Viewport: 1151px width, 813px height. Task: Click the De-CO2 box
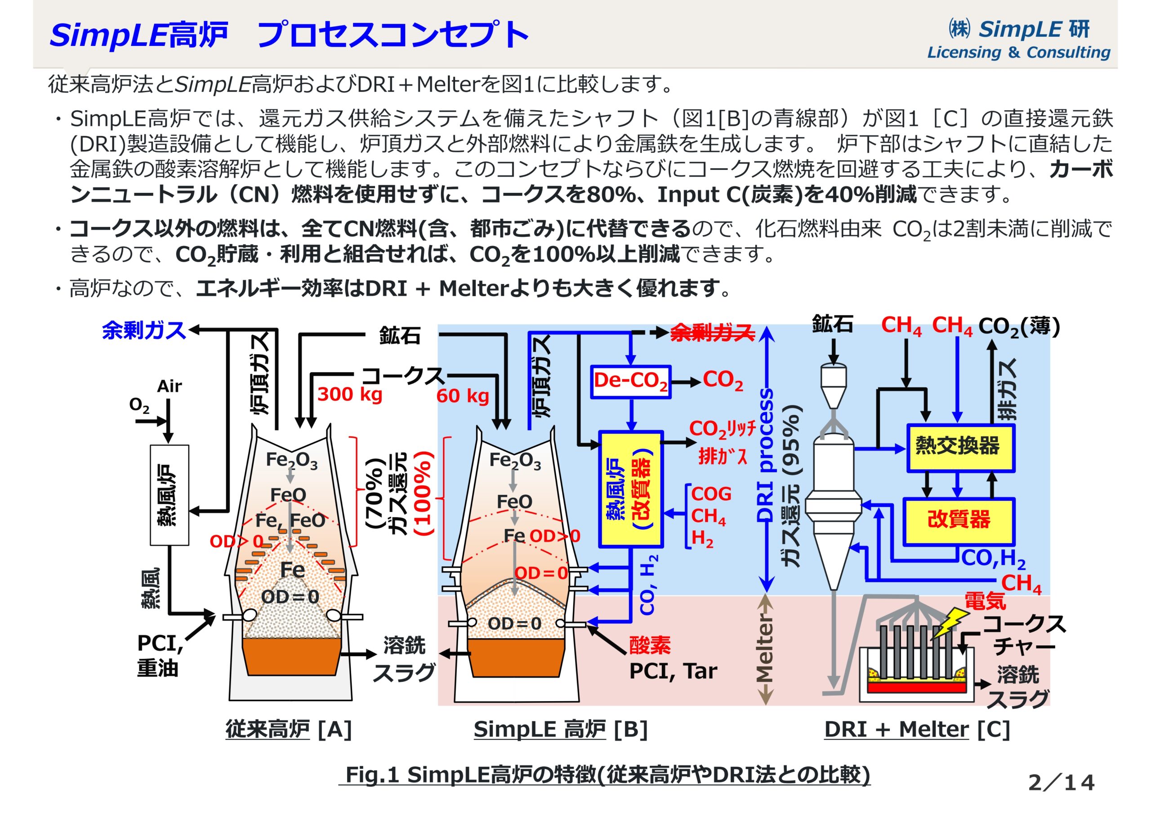[x=630, y=382]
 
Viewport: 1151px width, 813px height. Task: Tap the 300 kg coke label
[x=349, y=395]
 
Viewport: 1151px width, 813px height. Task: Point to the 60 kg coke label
[x=462, y=396]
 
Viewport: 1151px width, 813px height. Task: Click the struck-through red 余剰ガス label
[x=712, y=332]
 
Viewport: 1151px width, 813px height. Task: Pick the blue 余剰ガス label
[x=144, y=330]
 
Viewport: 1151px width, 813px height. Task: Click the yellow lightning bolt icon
[x=949, y=623]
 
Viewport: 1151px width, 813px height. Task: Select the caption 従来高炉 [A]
[x=288, y=729]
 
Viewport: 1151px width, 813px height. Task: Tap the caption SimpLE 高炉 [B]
[x=561, y=729]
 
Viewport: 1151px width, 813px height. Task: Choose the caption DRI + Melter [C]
[x=917, y=729]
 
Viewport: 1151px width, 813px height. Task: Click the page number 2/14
[x=1061, y=782]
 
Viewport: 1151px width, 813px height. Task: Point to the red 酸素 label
[x=650, y=645]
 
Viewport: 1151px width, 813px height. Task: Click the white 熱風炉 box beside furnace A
[x=170, y=495]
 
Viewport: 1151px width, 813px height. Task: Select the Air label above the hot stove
[x=169, y=386]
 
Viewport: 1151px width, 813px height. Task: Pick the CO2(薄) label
[x=1019, y=327]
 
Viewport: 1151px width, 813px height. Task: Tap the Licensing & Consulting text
[x=1018, y=52]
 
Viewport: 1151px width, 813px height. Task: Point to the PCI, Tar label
[x=673, y=671]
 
